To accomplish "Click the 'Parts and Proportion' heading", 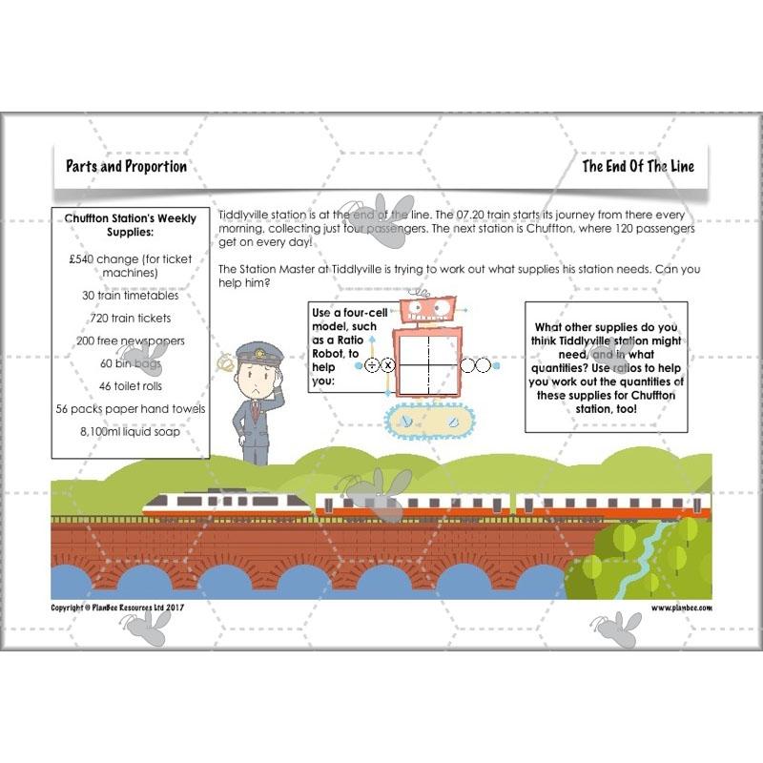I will pyautogui.click(x=126, y=166).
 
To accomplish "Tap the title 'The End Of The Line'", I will pyautogui.click(x=638, y=166).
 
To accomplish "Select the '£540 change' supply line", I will pyautogui.click(x=130, y=265).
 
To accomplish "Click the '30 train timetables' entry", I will pyautogui.click(x=130, y=296).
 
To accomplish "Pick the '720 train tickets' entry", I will pyautogui.click(x=130, y=318).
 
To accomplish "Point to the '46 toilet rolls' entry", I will pyautogui.click(x=130, y=386).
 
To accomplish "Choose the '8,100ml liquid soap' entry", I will pyautogui.click(x=130, y=431).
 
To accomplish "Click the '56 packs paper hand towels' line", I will pyautogui.click(x=130, y=409).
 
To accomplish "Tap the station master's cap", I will pyautogui.click(x=259, y=353).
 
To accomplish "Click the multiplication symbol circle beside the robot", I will pyautogui.click(x=388, y=365).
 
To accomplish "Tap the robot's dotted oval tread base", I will pyautogui.click(x=427, y=422).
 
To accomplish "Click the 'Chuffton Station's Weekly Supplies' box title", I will pyautogui.click(x=130, y=225).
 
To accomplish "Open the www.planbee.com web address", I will pyautogui.click(x=681, y=607).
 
